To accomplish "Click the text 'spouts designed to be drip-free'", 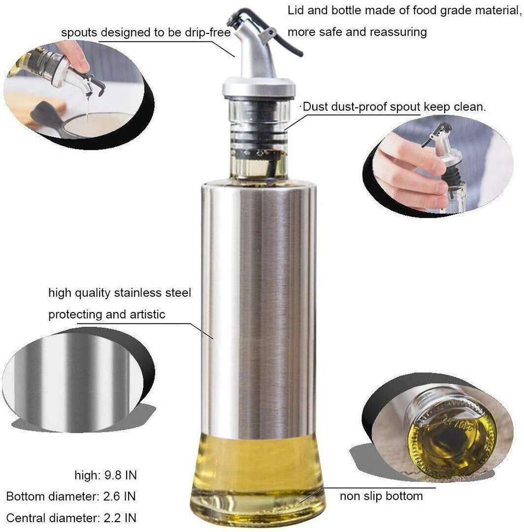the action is [146, 33].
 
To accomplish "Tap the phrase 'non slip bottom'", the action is [381, 496].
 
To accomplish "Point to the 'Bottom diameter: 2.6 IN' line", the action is [71, 496].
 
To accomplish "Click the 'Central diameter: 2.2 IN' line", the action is [71, 518].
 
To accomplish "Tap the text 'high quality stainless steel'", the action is [120, 293].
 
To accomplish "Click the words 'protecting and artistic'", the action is [107, 315].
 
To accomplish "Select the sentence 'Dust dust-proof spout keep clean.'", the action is [394, 107].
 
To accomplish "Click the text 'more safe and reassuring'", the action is [357, 32].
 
